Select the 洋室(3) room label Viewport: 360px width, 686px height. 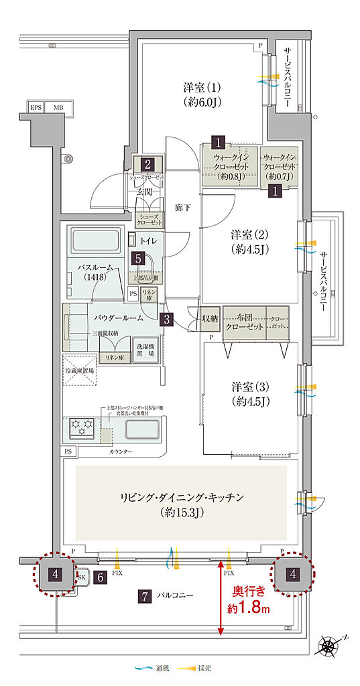250,394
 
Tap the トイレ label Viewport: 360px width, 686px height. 149,240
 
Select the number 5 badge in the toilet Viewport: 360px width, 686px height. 137,257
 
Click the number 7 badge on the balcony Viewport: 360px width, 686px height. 143,595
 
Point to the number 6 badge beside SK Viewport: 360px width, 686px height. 100,576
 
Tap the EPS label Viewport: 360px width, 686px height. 35,107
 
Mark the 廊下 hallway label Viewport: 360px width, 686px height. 183,208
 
